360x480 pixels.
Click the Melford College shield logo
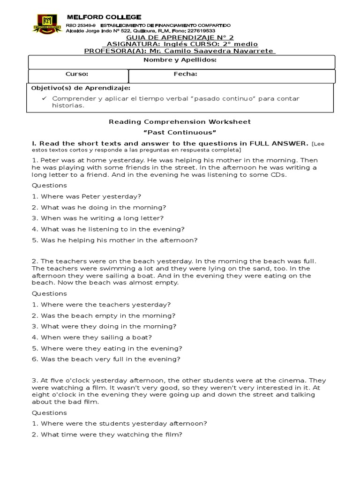click(45, 22)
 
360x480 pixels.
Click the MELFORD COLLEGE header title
click(97, 17)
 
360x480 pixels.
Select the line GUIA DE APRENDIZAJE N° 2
click(180, 37)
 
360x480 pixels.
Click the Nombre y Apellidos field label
click(180, 60)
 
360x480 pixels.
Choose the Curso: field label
click(76, 74)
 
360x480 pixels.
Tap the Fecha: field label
click(185, 74)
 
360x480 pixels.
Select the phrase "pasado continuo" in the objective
click(217, 98)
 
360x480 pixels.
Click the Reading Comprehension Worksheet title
click(180, 122)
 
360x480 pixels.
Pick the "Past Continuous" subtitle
click(180, 133)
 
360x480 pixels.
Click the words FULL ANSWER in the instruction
click(278, 143)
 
